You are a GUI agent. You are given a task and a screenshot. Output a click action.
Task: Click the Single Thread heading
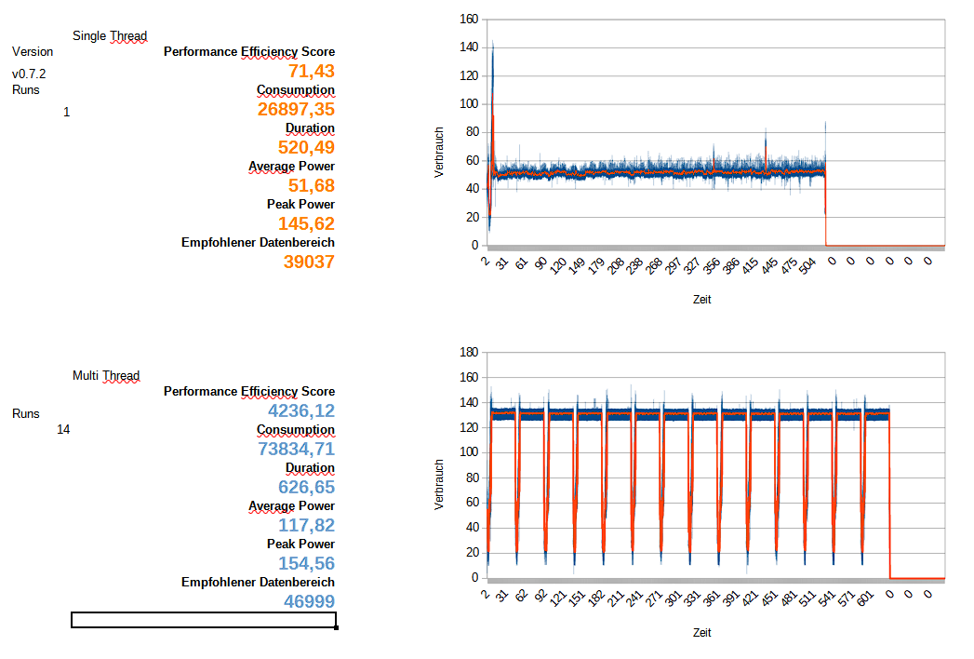click(x=110, y=36)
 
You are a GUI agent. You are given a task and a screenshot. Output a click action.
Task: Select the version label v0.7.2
click(x=30, y=73)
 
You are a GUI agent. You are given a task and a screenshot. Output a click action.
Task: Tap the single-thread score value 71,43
click(x=312, y=72)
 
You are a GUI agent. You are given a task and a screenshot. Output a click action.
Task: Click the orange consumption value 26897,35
click(x=296, y=110)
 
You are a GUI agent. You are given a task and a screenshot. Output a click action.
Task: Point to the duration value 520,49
click(x=306, y=147)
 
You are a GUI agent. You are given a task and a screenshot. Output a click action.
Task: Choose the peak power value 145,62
click(x=306, y=223)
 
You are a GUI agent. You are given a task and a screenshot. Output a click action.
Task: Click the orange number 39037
click(x=309, y=262)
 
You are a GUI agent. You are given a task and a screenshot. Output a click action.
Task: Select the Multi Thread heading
click(x=106, y=376)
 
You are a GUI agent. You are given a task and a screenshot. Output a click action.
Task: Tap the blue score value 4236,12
click(x=300, y=410)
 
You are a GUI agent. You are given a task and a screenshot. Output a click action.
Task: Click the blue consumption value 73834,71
click(x=296, y=450)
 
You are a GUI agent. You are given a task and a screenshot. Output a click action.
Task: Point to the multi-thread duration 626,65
click(x=306, y=487)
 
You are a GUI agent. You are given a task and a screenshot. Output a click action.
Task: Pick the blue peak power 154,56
click(x=306, y=563)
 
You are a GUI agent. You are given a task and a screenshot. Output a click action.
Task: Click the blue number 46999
click(x=309, y=601)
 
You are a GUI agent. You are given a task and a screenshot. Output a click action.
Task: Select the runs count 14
click(x=63, y=429)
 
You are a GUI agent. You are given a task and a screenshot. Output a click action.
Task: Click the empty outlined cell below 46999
click(x=204, y=620)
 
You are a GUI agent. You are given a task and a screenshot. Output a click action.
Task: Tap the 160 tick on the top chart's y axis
click(x=469, y=19)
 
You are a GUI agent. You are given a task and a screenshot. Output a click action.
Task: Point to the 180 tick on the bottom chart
click(x=469, y=352)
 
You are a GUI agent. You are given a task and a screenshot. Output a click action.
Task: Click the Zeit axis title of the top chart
click(x=702, y=299)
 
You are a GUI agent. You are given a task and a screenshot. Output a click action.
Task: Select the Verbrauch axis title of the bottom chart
click(x=439, y=484)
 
